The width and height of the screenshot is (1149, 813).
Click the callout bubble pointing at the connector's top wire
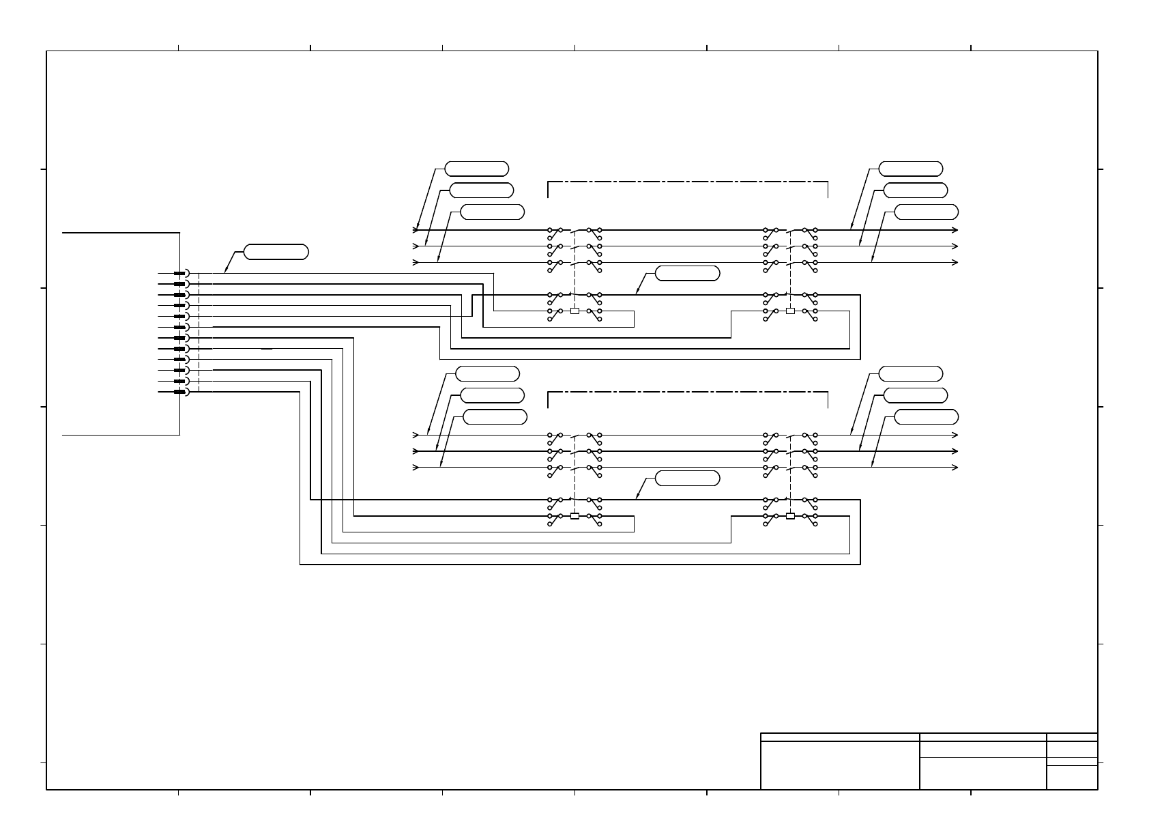(276, 252)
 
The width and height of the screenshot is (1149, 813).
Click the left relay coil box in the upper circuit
(574, 311)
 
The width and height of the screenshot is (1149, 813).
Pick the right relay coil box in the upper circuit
(790, 311)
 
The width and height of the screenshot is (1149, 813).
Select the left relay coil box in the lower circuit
(574, 516)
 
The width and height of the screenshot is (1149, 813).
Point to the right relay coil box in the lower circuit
(790, 516)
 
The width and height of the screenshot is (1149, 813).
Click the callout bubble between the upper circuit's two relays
(687, 274)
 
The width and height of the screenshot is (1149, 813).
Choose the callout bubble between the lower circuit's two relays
(687, 479)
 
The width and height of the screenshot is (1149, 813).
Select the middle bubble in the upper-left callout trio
(482, 190)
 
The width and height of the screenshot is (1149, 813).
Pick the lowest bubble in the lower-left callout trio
(495, 417)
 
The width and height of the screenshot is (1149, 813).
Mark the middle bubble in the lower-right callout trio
(916, 395)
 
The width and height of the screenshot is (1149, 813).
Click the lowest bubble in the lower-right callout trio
(926, 417)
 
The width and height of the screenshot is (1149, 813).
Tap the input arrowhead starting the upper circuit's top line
(416, 230)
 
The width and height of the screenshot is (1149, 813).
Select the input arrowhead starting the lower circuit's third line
(416, 467)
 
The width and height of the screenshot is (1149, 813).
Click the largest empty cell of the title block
(840, 765)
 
